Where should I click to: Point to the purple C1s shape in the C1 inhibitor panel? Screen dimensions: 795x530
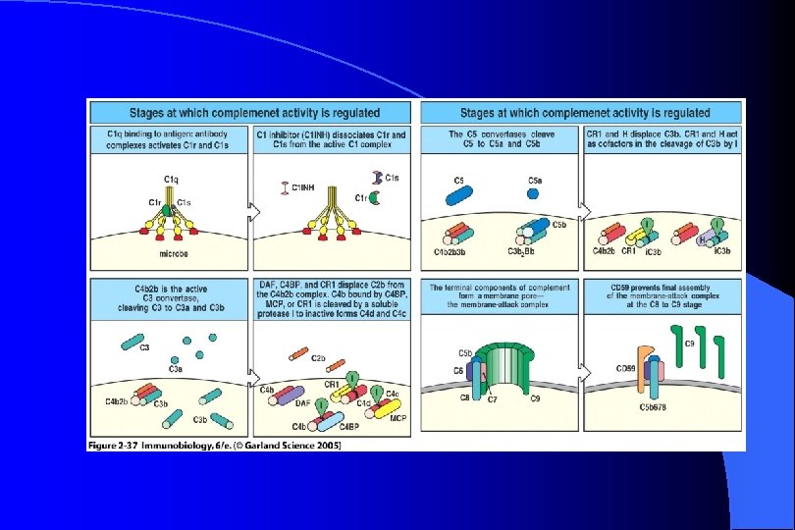377,177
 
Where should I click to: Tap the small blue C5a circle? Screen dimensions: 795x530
533,193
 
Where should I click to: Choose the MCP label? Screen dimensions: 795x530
397,416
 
